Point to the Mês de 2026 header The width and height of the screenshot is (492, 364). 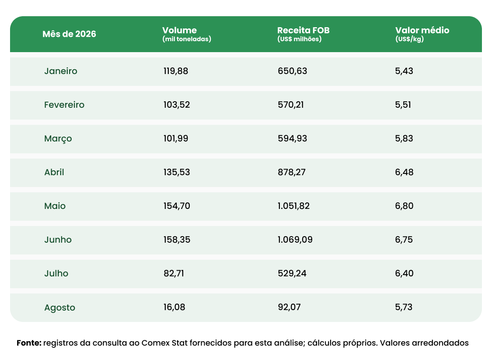70,34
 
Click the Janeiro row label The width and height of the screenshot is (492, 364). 60,71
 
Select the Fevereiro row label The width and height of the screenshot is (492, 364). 64,105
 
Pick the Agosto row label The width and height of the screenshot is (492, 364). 59,307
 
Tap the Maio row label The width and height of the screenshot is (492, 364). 55,206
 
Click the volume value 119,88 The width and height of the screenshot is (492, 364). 176,71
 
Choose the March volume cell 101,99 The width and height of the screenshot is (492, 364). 176,138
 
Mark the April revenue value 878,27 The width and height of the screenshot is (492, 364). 292,172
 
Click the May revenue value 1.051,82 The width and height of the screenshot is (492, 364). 294,206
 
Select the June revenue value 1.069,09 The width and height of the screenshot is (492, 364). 295,240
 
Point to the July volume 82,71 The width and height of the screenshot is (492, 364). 174,273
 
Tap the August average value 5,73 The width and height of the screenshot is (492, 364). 404,307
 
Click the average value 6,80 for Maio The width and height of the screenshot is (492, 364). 404,206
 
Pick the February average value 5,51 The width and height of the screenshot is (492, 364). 403,105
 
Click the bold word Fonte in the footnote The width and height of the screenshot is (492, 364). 29,343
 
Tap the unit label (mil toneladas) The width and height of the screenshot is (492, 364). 187,39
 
